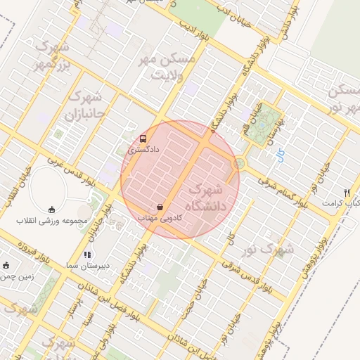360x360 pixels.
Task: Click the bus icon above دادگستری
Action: pos(143,139)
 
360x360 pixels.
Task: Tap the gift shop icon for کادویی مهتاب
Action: pos(160,207)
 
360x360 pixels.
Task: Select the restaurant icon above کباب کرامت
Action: pos(347,193)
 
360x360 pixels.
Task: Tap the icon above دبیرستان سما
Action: pos(86,255)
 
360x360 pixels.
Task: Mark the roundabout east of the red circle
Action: pos(239,164)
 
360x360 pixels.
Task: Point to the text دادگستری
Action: pos(144,150)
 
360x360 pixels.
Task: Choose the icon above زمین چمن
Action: pos(6,265)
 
